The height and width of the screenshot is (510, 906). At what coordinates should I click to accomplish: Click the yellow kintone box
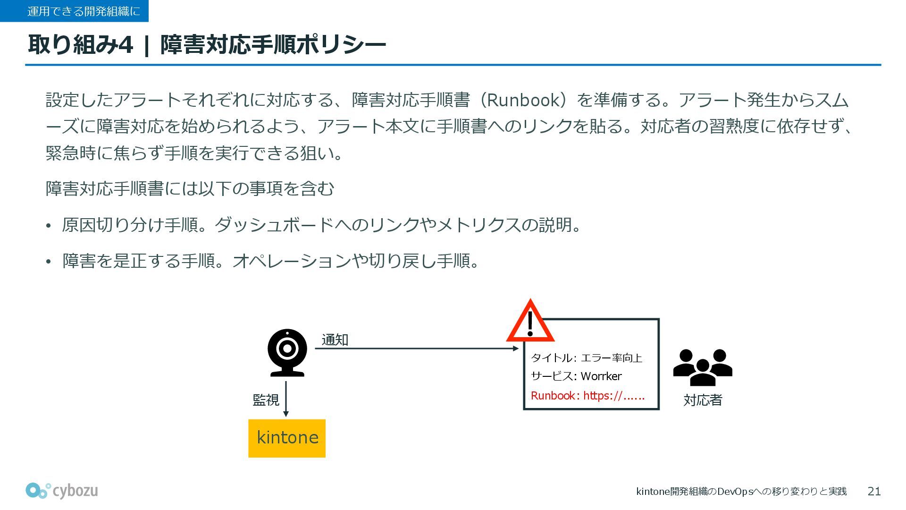(x=287, y=438)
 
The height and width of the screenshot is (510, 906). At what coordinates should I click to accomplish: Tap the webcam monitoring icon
(x=287, y=352)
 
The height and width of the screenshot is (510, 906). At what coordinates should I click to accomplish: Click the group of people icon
(x=703, y=367)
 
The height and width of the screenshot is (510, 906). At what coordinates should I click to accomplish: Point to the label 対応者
(x=703, y=400)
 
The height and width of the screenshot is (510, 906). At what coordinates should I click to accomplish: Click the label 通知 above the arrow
(x=335, y=340)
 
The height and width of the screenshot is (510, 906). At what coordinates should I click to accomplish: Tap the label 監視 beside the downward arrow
(x=266, y=400)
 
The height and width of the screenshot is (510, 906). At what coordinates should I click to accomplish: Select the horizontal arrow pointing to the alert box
(x=415, y=348)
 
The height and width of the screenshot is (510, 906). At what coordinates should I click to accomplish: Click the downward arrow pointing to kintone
(x=286, y=399)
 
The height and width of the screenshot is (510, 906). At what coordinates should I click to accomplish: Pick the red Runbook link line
(x=587, y=396)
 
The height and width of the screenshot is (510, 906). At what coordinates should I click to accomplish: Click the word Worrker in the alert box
(x=601, y=376)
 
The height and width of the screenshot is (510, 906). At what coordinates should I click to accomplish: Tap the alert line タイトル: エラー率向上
(x=586, y=358)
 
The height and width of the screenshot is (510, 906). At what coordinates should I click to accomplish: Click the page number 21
(x=874, y=492)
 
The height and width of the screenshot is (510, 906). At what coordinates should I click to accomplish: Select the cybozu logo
(x=62, y=491)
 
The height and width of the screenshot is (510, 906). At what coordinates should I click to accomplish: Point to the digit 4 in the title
(x=126, y=45)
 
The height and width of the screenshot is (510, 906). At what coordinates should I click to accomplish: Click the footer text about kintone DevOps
(x=741, y=492)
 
